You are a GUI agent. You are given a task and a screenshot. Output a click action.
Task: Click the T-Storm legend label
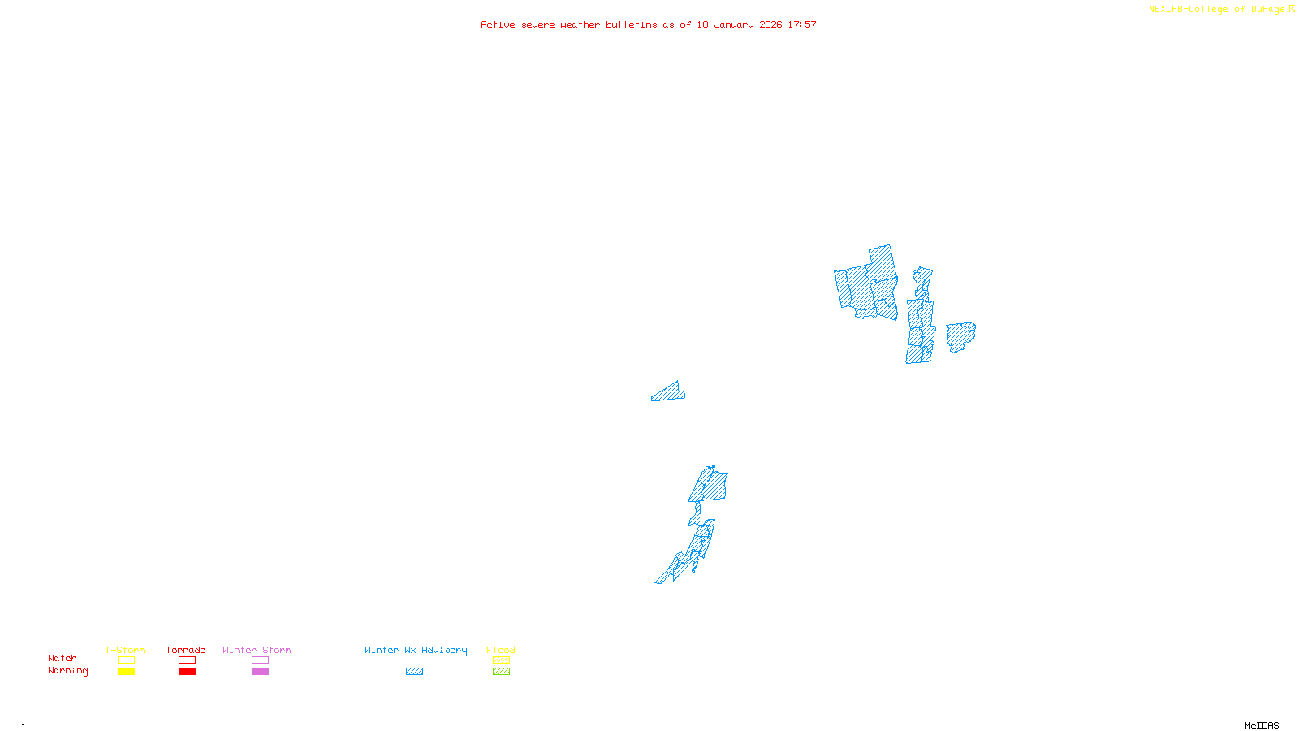click(125, 650)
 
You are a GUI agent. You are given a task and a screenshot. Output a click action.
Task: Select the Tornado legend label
click(186, 650)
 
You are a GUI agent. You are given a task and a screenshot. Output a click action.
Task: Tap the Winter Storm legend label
click(257, 650)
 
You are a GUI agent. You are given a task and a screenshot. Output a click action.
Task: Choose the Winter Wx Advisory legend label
click(416, 650)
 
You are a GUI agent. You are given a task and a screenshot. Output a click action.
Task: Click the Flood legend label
click(501, 650)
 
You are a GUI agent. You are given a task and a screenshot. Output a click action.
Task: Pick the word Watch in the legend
click(63, 658)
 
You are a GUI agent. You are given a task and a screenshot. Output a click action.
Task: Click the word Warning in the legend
click(68, 671)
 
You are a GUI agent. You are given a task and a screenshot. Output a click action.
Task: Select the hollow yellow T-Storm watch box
click(126, 660)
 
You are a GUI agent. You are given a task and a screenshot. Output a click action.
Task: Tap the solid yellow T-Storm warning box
click(126, 672)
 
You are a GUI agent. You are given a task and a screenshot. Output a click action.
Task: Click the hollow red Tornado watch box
click(187, 660)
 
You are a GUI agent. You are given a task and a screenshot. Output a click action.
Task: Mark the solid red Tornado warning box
click(187, 672)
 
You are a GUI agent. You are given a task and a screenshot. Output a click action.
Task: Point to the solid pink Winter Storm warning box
click(260, 672)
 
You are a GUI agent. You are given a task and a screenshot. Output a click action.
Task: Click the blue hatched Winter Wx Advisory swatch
click(414, 672)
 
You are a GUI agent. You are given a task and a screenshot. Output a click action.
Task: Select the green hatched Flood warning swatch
click(501, 672)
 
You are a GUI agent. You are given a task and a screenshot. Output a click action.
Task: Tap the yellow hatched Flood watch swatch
click(501, 660)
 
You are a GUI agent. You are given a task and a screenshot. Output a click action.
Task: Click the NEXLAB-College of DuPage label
click(1217, 10)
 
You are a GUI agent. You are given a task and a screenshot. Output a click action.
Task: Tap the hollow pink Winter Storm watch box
click(260, 660)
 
